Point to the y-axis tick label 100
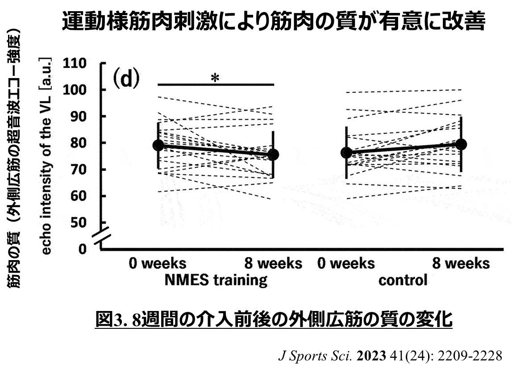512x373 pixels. [x=75, y=90]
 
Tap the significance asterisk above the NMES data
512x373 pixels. [x=215, y=78]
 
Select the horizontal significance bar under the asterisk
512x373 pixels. [x=216, y=84]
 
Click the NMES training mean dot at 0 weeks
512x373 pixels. [x=158, y=145]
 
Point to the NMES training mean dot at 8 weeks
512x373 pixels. [x=273, y=155]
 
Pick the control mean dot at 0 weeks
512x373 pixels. [x=346, y=153]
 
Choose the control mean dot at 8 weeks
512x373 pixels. [x=461, y=144]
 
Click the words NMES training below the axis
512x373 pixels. [x=216, y=280]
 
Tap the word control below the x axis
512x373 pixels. [x=403, y=280]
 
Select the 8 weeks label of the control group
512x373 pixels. [x=461, y=263]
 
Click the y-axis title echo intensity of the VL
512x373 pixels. [x=46, y=156]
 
